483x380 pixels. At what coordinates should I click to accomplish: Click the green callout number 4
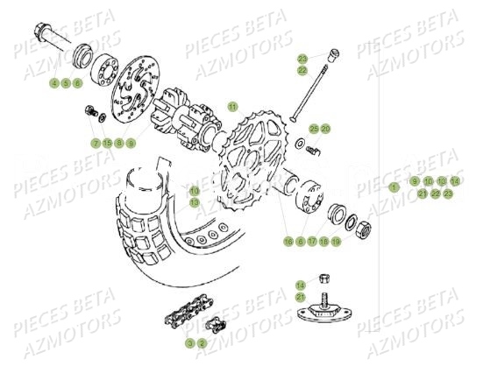pos(54,83)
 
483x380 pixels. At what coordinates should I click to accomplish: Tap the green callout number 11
pos(232,105)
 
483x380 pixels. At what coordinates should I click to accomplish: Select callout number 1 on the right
pos(394,186)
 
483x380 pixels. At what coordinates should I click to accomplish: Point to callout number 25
pos(314,129)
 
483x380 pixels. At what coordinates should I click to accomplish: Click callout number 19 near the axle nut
pos(336,241)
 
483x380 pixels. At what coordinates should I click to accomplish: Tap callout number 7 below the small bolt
pos(95,142)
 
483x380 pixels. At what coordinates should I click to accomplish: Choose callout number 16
pos(288,241)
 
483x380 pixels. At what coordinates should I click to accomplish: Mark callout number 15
pos(107,142)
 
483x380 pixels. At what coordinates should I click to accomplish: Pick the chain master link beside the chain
pos(213,326)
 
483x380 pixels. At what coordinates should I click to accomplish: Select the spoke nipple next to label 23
pos(331,55)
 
